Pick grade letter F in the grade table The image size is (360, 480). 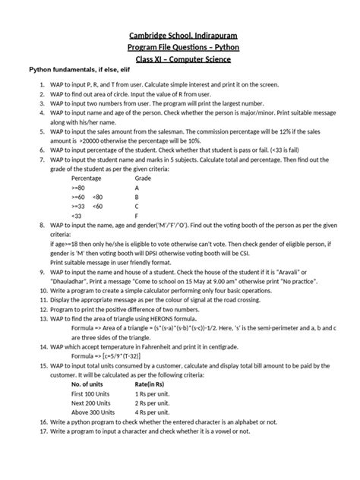(x=136, y=214)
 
